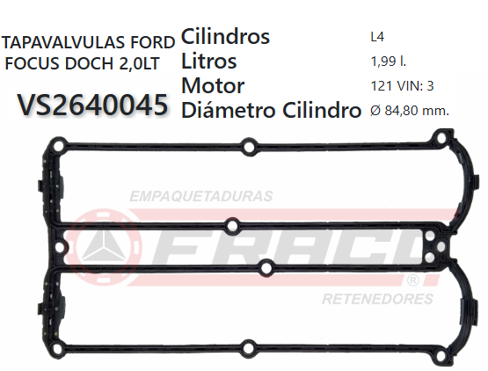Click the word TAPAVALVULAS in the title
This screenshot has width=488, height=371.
(63, 43)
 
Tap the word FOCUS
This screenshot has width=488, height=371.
(33, 64)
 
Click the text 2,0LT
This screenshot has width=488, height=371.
(135, 64)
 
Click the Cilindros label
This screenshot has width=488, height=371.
(225, 38)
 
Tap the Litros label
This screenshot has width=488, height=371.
(208, 62)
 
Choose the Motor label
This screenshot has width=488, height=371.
(212, 86)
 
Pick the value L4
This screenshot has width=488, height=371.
(378, 38)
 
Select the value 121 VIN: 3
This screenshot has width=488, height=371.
(403, 86)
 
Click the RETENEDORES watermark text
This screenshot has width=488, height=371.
(378, 298)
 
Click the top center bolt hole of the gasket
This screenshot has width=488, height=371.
(249, 145)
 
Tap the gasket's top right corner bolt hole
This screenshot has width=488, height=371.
(437, 138)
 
